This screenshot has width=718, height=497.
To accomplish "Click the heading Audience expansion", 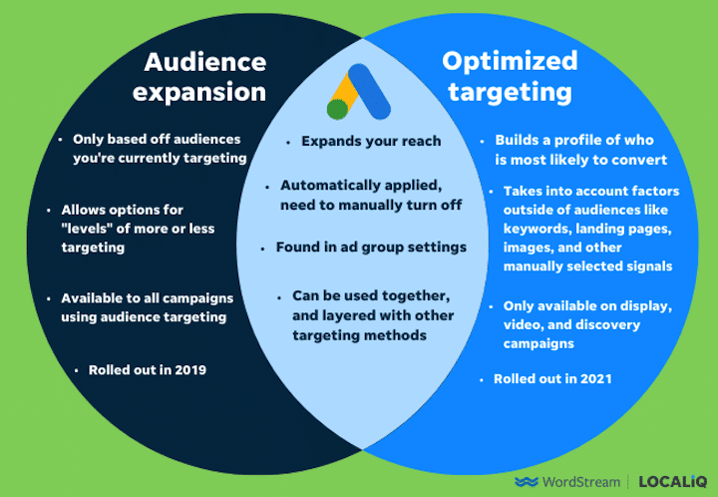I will (204, 77).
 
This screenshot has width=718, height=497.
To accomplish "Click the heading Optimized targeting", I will (510, 77).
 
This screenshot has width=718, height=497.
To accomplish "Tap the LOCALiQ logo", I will (674, 482).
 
